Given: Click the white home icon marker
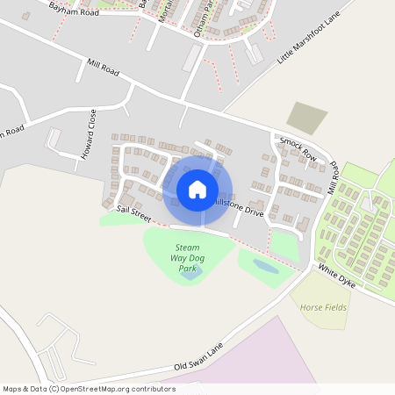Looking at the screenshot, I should coord(197,190).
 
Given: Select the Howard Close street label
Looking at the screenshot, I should coord(87,137).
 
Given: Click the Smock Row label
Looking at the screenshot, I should coord(298,145).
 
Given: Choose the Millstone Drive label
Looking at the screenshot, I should coord(238,207).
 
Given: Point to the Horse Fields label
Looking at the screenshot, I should coord(324,308).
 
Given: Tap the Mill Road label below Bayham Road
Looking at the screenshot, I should coord(103,68).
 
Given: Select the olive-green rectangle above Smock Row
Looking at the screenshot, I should coord(306,118).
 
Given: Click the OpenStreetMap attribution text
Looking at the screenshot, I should coord(89,389).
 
